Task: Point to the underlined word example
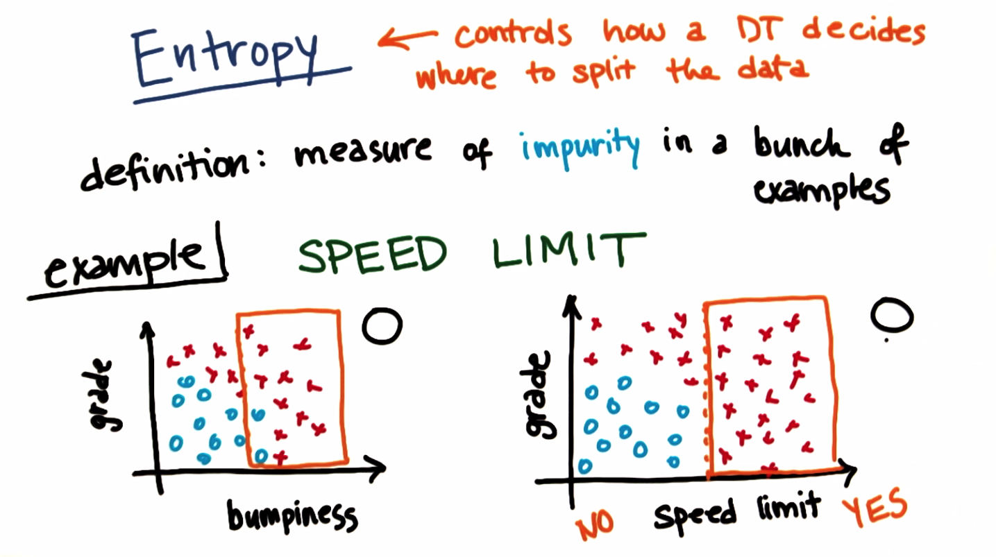(x=125, y=264)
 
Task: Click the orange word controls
(x=514, y=33)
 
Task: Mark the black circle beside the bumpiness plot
(x=382, y=325)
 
